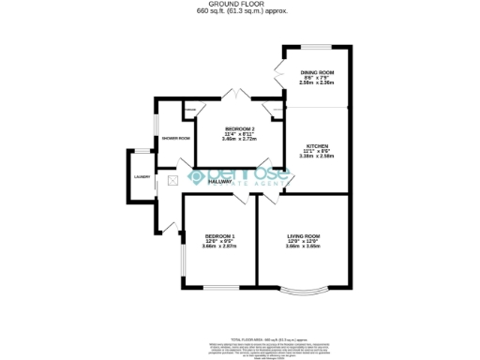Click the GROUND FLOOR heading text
coord(241,4)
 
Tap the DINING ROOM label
coord(318,73)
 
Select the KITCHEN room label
coord(318,146)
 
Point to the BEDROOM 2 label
coord(239,128)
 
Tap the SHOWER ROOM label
coord(176,138)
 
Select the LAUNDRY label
coord(142,176)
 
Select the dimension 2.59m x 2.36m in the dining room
coord(318,83)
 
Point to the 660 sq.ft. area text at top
coord(241,11)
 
